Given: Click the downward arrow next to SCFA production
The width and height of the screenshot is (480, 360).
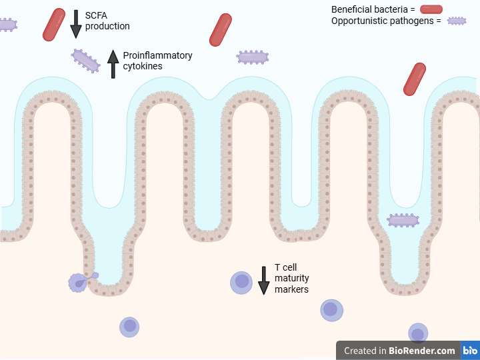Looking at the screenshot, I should click(x=75, y=23).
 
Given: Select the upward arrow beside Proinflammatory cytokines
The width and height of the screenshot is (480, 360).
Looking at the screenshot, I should click(x=113, y=65).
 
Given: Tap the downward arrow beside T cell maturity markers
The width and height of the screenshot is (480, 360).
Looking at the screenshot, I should click(x=264, y=280).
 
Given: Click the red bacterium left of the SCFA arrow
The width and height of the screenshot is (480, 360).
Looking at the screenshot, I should click(x=54, y=25).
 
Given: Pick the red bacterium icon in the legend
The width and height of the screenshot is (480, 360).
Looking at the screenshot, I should click(x=431, y=9).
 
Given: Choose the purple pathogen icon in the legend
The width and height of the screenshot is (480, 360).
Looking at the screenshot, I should click(x=456, y=21).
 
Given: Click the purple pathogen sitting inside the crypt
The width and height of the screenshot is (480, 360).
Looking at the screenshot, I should click(x=403, y=220).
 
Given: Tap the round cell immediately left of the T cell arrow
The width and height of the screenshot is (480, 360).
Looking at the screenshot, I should click(x=241, y=282).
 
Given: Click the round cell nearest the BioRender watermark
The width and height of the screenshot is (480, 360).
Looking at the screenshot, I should click(x=418, y=333).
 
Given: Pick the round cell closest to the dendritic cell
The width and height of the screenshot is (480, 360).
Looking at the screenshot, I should click(x=130, y=326).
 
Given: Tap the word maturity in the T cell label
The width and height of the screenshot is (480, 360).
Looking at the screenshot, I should click(x=292, y=278).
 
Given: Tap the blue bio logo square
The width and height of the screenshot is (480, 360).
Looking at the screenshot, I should click(x=471, y=351).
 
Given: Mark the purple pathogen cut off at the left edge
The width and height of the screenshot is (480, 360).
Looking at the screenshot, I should click(x=6, y=25).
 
